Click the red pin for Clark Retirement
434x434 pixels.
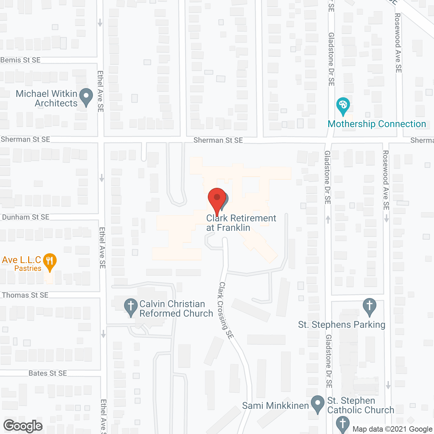pyautogui.click(x=217, y=199)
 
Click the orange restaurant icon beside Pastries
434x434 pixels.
pyautogui.click(x=50, y=262)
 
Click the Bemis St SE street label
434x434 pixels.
pyautogui.click(x=20, y=60)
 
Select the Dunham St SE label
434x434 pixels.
pyautogui.click(x=26, y=217)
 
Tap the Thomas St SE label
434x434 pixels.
pyautogui.click(x=25, y=295)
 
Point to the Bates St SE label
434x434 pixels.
pyautogui.click(x=48, y=373)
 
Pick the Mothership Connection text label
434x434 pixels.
pyautogui.click(x=377, y=124)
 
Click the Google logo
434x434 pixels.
pyautogui.click(x=23, y=426)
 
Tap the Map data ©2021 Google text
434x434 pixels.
pyautogui.click(x=392, y=429)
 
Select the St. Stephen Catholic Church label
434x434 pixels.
pyautogui.click(x=360, y=406)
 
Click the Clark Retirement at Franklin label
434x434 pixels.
pyautogui.click(x=241, y=223)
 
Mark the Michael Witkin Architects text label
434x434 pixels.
pyautogui.click(x=47, y=98)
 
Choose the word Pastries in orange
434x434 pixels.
pyautogui.click(x=28, y=269)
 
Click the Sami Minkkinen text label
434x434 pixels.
pyautogui.click(x=275, y=406)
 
